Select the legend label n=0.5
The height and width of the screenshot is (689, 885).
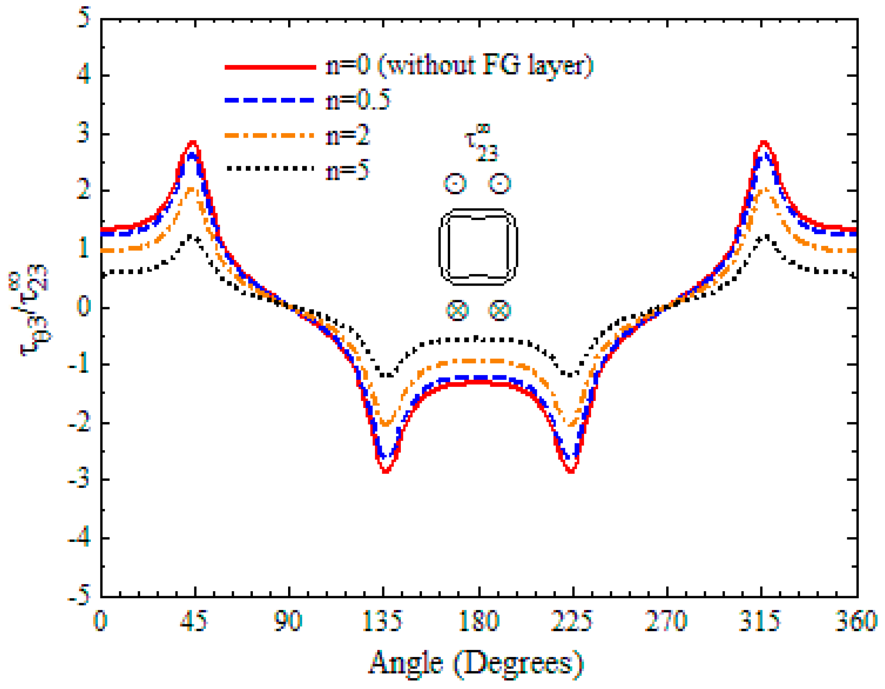coord(358,100)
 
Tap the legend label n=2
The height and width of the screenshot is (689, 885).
coord(347,136)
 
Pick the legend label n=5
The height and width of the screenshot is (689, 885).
coord(347,170)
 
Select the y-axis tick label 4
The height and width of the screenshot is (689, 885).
coord(83,75)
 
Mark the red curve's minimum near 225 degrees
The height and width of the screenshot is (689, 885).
coord(571,471)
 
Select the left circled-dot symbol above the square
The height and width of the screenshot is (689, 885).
coord(455,183)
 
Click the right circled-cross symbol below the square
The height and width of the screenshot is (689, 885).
coord(499,310)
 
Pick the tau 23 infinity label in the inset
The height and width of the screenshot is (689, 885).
coord(481,143)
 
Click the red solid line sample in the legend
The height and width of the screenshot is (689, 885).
coord(270,67)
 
